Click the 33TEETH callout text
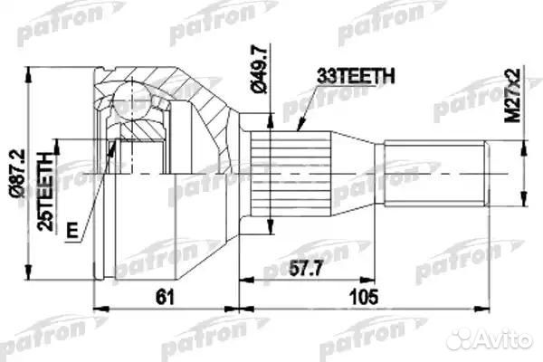pos(356,76)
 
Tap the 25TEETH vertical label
pos(46,192)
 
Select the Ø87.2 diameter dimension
pos(17,173)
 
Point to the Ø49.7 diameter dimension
pos(259,69)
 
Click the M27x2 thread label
pos(512,95)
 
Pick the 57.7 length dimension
pos(306,269)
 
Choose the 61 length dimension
pos(165,297)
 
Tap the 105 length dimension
pos(364,297)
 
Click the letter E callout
pos(72,230)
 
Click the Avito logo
pos(489,338)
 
